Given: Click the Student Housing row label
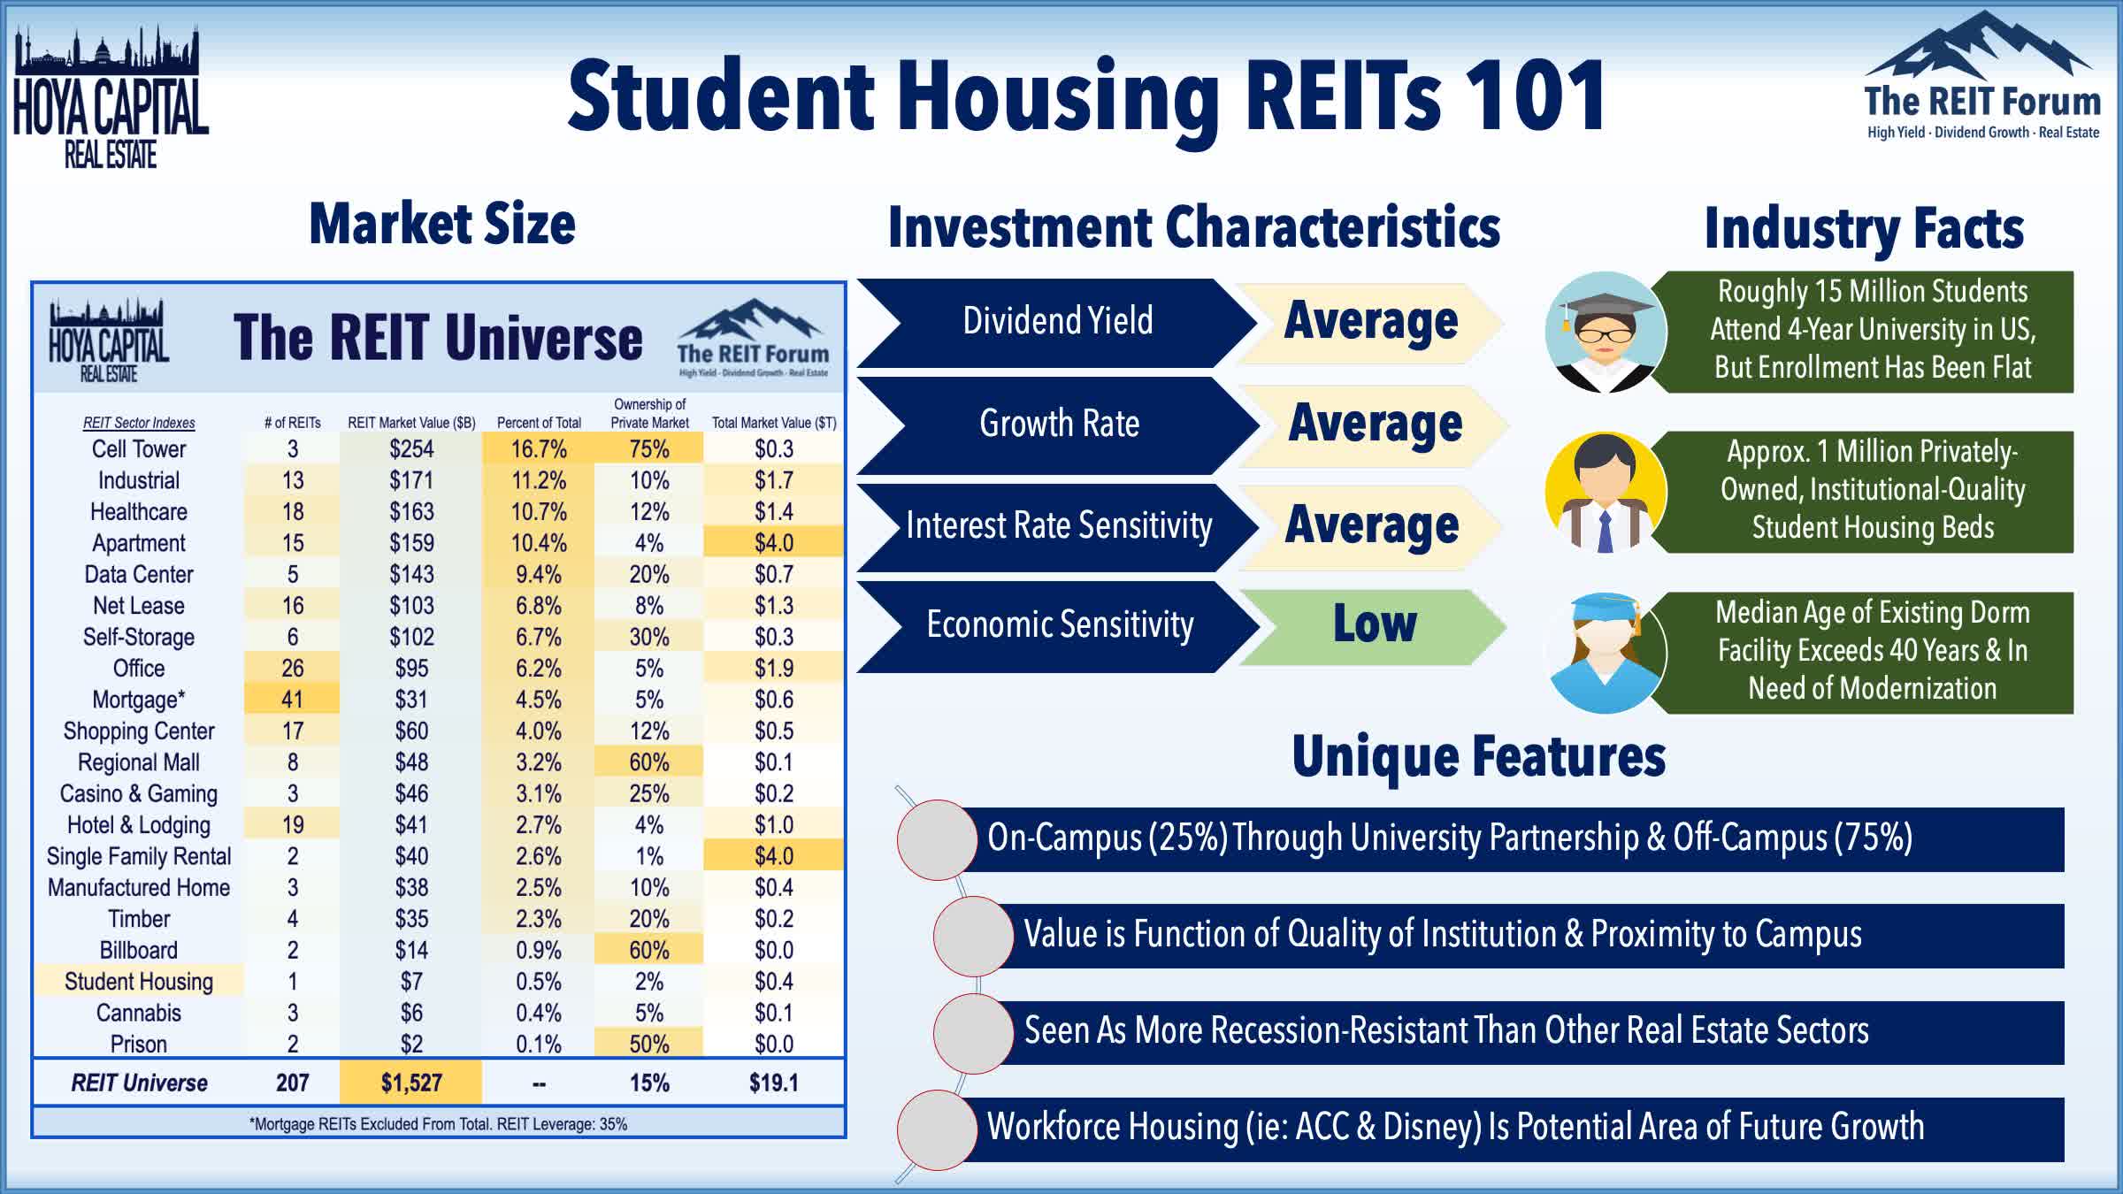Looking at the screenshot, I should (x=139, y=981).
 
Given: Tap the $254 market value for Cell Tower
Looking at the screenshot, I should (x=411, y=449).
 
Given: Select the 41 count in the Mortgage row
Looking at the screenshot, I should (x=292, y=700).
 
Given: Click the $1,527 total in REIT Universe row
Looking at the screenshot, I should (x=411, y=1083).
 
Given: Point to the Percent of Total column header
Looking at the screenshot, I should (x=539, y=423).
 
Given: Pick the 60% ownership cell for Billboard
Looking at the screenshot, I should (x=648, y=950).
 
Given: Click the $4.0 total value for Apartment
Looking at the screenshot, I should (x=773, y=543).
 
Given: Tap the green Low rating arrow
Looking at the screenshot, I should (x=1373, y=624).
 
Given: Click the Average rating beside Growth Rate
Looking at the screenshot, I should (x=1374, y=424).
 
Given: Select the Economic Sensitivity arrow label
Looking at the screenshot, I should (x=1059, y=625).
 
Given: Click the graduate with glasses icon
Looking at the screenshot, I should (x=1606, y=333).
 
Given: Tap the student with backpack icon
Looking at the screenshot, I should (x=1606, y=493).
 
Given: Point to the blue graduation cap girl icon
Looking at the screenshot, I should (x=1606, y=653).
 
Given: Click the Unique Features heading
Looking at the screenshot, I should (x=1478, y=757).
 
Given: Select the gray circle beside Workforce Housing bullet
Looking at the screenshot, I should (x=937, y=1129).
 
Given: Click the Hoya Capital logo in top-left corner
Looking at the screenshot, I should (x=110, y=97).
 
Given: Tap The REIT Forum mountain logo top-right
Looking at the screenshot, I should (x=1981, y=80).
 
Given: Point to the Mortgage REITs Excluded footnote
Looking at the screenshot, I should (x=439, y=1124).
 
